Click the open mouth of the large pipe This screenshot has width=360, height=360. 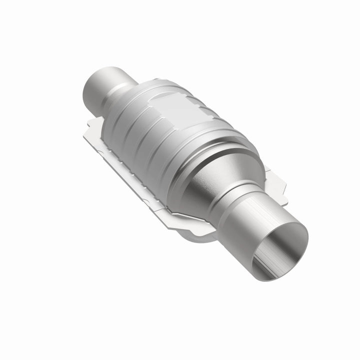point(282,250)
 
